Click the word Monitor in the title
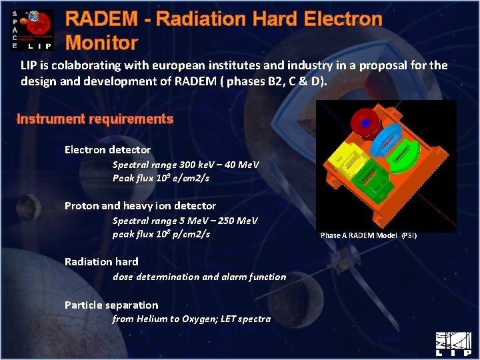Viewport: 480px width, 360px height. click(x=102, y=43)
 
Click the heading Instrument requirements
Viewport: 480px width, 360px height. click(x=95, y=119)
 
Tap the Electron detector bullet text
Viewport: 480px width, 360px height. click(x=107, y=150)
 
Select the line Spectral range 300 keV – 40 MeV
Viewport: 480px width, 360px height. click(x=185, y=165)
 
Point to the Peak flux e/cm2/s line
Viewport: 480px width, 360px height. click(x=161, y=178)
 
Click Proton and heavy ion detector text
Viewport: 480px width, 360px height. click(x=140, y=206)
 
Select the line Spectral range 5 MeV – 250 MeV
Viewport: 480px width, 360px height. click(x=185, y=221)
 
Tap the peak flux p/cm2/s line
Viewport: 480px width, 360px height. click(x=161, y=234)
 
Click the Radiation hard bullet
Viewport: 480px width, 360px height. click(x=101, y=262)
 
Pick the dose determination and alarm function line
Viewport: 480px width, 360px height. click(x=199, y=277)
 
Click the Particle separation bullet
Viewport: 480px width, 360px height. click(x=111, y=305)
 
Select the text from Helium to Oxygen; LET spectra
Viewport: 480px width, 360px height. click(x=191, y=319)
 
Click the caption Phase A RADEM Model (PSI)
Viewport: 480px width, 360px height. click(x=368, y=235)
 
